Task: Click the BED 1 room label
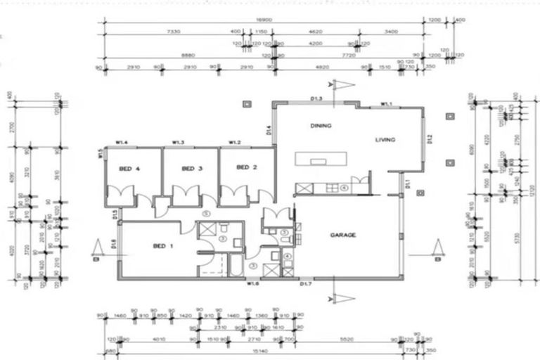(x=162, y=246)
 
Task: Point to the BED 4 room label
(x=128, y=169)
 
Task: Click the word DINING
(x=321, y=126)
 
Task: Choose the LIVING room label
(x=385, y=140)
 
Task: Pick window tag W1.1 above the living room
(x=386, y=104)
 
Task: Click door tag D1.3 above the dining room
(x=316, y=99)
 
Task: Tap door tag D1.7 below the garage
(x=306, y=285)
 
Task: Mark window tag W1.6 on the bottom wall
(x=252, y=284)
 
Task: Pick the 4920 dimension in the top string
(x=322, y=67)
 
